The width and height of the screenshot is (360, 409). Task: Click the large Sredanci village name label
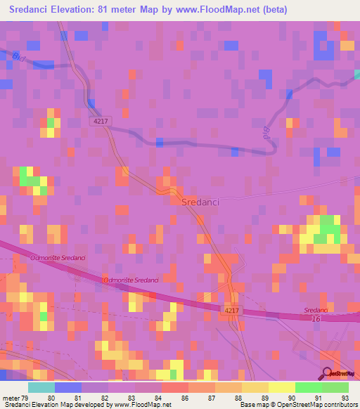200,202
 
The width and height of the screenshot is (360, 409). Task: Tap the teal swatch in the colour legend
41,387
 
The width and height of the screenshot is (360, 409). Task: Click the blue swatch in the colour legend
67,387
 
